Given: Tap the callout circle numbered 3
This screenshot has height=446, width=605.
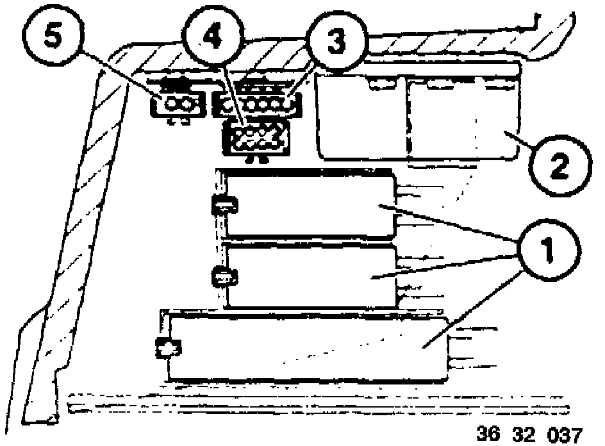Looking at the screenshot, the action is pyautogui.click(x=333, y=40).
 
